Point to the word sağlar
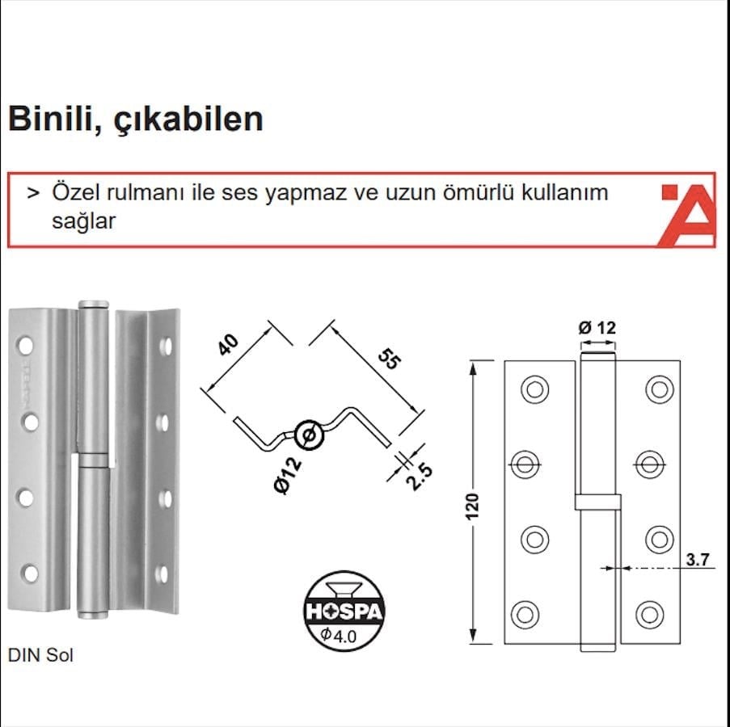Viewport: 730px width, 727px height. pyautogui.click(x=84, y=221)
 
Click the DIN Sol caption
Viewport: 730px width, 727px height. pyautogui.click(x=41, y=655)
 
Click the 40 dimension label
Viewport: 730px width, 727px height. pyautogui.click(x=229, y=345)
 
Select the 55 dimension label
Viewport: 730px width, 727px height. pyautogui.click(x=389, y=359)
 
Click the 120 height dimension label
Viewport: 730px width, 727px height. pyautogui.click(x=472, y=506)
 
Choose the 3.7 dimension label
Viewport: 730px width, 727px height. pyautogui.click(x=698, y=559)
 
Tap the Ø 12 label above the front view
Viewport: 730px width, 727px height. pyautogui.click(x=597, y=328)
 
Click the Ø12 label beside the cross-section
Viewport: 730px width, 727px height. pyautogui.click(x=288, y=476)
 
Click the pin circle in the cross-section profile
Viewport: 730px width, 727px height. pyautogui.click(x=309, y=435)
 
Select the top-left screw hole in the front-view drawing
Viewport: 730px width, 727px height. pyautogui.click(x=534, y=389)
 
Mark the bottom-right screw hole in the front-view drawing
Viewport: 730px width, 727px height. pyautogui.click(x=650, y=615)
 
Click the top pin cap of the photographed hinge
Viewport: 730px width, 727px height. pyautogui.click(x=94, y=305)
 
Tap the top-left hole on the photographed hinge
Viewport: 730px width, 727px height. pyautogui.click(x=26, y=346)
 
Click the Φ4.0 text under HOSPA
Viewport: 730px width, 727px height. pyautogui.click(x=339, y=635)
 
